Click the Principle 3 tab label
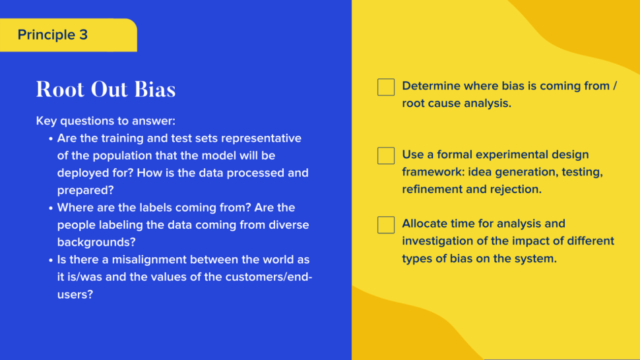[x=52, y=35]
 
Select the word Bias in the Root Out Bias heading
[x=155, y=89]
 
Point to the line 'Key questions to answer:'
[x=106, y=121]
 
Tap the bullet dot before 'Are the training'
[x=51, y=139]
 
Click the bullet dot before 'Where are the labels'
[x=51, y=208]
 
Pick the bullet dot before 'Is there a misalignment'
[x=51, y=260]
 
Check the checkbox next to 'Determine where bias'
[x=386, y=87]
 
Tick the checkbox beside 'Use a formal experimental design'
[x=386, y=156]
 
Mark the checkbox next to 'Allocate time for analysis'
[x=386, y=225]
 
